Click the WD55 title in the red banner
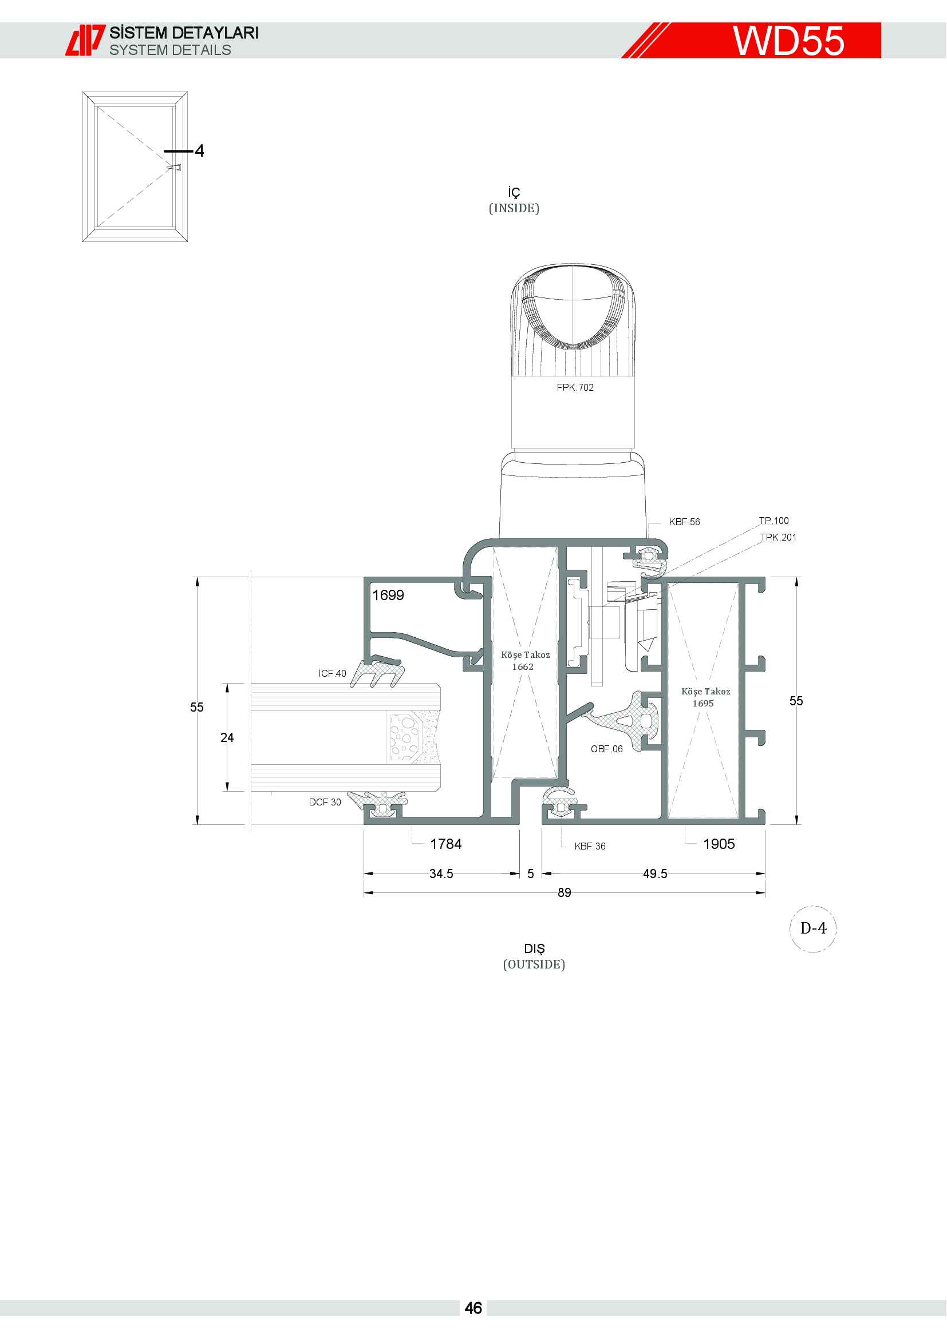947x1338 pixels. pyautogui.click(x=788, y=41)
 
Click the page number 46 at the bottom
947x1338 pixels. pyautogui.click(x=473, y=1308)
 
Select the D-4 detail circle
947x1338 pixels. pyautogui.click(x=813, y=928)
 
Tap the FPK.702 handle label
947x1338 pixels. pyautogui.click(x=575, y=387)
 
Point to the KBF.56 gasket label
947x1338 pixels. pyautogui.click(x=684, y=522)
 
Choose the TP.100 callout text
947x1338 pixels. pyautogui.click(x=774, y=521)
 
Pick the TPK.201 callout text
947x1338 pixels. pyautogui.click(x=778, y=537)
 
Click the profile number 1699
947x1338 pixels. pyautogui.click(x=388, y=595)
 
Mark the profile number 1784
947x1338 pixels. pyautogui.click(x=445, y=844)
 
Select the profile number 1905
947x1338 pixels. pyautogui.click(x=719, y=844)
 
